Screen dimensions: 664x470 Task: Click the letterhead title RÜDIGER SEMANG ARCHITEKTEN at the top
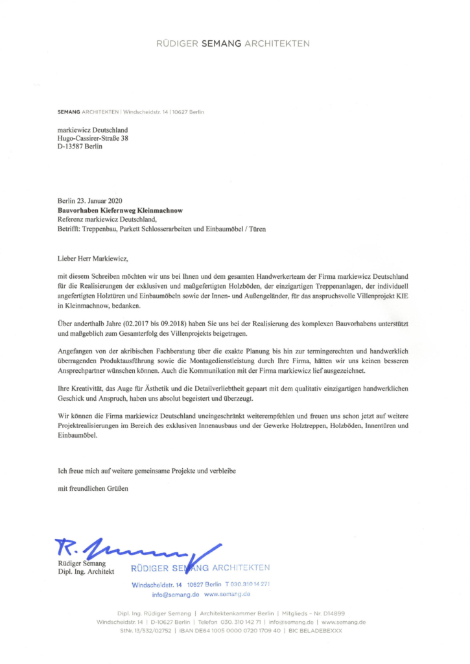point(234,44)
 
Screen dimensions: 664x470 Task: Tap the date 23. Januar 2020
point(99,202)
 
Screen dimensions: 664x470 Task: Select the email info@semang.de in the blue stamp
point(176,594)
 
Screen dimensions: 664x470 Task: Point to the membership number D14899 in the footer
point(331,613)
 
